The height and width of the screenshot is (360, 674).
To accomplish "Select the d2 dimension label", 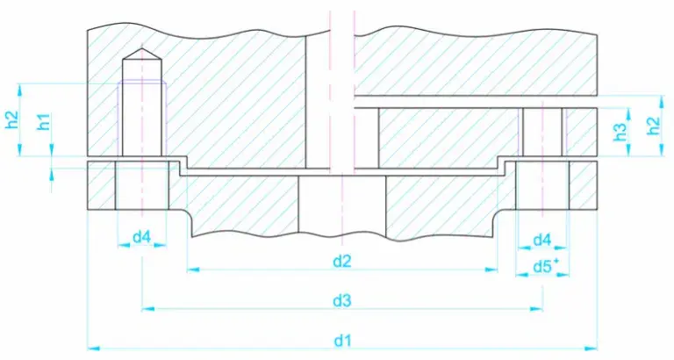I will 342,261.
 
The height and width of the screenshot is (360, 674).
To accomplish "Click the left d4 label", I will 141,237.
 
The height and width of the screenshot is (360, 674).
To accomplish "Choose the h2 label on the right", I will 652,126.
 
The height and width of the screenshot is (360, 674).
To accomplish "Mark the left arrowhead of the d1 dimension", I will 91,349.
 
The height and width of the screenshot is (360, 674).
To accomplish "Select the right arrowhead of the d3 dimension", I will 537,309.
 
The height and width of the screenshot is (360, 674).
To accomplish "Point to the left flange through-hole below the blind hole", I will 141,186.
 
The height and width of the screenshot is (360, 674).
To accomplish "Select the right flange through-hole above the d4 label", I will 542,186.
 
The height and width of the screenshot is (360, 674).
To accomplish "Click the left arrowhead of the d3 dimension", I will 147,309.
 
